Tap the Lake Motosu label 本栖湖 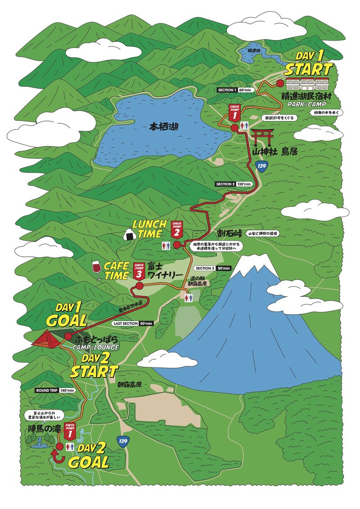pyautogui.click(x=164, y=127)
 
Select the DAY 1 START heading pyautogui.click(x=308, y=64)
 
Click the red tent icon pyautogui.click(x=47, y=338)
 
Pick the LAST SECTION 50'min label pyautogui.click(x=133, y=323)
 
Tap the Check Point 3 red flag pyautogui.click(x=139, y=271)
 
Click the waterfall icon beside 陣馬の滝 pyautogui.click(x=40, y=443)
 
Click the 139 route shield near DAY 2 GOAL pyautogui.click(x=122, y=442)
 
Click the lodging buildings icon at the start pyautogui.click(x=308, y=83)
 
